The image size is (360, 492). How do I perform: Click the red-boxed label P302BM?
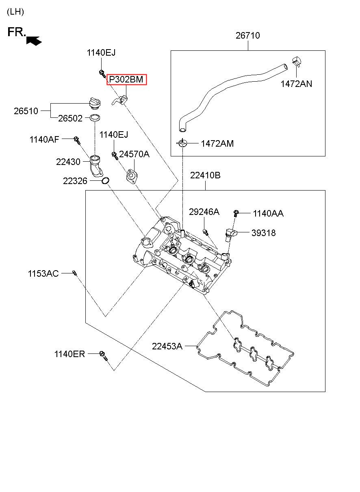tap(126, 79)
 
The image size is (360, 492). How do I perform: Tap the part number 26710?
tap(247, 35)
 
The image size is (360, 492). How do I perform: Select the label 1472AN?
tap(296, 84)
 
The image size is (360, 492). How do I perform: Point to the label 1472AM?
tap(217, 143)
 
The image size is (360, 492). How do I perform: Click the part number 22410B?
tap(205, 175)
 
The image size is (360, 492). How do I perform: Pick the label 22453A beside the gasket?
tap(167, 346)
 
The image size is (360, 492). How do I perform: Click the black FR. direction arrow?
tap(34, 41)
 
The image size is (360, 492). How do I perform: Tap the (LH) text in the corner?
tap(15, 12)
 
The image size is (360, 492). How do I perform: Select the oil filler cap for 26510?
tap(95, 104)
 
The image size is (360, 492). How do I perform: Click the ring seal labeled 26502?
tap(95, 117)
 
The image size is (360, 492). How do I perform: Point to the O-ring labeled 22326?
tap(106, 180)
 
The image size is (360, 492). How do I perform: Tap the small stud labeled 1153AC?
tap(74, 273)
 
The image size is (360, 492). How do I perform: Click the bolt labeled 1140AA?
tap(235, 213)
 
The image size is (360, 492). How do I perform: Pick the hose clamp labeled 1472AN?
tap(297, 61)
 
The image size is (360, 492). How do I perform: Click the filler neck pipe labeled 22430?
tap(96, 166)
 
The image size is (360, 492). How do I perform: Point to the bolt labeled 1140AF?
tap(77, 140)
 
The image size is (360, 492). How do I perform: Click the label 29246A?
tap(204, 212)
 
